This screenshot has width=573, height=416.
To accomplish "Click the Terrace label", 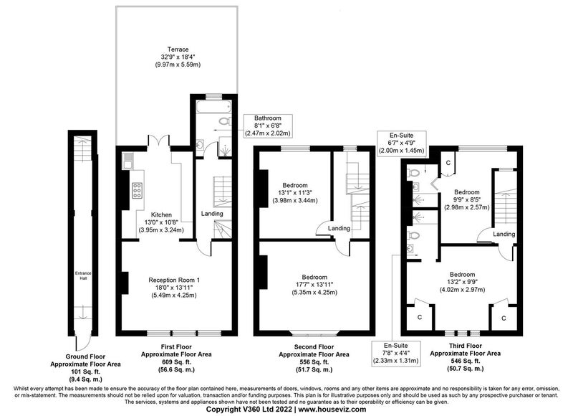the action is click(x=178, y=49).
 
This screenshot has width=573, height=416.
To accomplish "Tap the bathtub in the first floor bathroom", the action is click(x=213, y=107).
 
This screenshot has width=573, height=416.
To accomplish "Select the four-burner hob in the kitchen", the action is click(x=137, y=190).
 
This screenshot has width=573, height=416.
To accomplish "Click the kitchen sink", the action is click(x=127, y=161).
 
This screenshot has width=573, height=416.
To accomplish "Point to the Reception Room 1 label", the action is click(x=174, y=280).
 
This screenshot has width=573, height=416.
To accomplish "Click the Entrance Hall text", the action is click(x=83, y=275).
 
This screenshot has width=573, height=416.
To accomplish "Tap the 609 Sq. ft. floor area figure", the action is click(x=176, y=362).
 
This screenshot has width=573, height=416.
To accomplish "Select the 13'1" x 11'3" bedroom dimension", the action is click(x=295, y=193).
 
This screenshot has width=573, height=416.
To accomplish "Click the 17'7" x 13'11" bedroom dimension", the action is click(x=314, y=285).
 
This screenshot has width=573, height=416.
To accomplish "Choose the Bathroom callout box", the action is click(x=268, y=126).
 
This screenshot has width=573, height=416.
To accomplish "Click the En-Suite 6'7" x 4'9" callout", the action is click(x=401, y=143).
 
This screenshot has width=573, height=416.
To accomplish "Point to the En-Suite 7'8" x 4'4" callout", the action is click(x=395, y=353).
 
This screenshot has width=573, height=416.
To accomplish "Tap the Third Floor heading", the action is click(x=465, y=346).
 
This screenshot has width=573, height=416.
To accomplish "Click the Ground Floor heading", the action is click(x=85, y=356).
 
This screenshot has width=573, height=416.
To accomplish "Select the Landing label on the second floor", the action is click(x=339, y=228).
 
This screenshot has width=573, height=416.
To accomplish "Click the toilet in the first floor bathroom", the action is click(x=223, y=120).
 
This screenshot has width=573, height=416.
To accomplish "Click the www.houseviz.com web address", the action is click(x=332, y=409).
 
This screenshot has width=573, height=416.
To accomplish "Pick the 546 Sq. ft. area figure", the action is click(x=465, y=361).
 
